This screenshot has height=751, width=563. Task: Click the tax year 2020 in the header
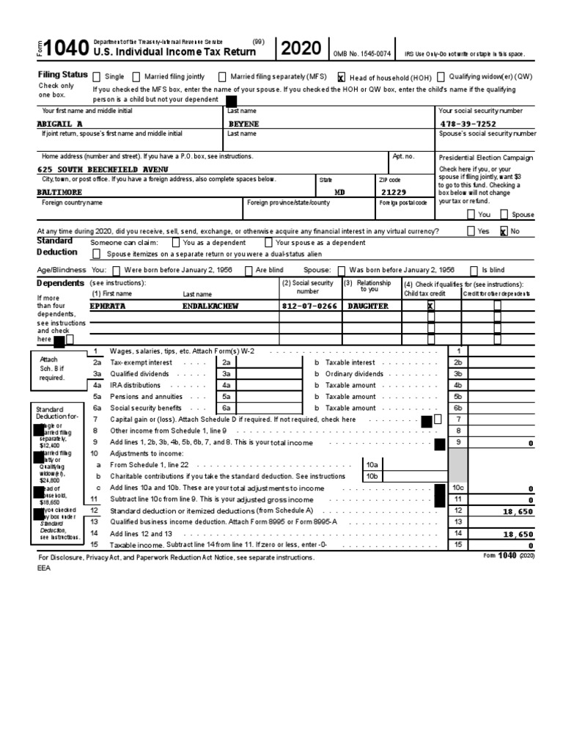[300, 49]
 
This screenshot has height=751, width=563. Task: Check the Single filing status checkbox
[96, 76]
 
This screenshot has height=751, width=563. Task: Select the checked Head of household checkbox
[341, 76]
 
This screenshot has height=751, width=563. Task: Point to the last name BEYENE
[244, 124]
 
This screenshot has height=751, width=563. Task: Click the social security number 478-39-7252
[474, 124]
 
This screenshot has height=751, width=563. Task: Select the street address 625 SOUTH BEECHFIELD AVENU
[103, 169]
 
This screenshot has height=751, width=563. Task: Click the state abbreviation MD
[339, 191]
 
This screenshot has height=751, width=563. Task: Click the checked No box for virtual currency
[503, 230]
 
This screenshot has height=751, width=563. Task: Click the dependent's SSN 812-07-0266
[309, 306]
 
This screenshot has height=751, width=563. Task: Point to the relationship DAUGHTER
[367, 306]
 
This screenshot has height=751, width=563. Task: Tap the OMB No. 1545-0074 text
[361, 54]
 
